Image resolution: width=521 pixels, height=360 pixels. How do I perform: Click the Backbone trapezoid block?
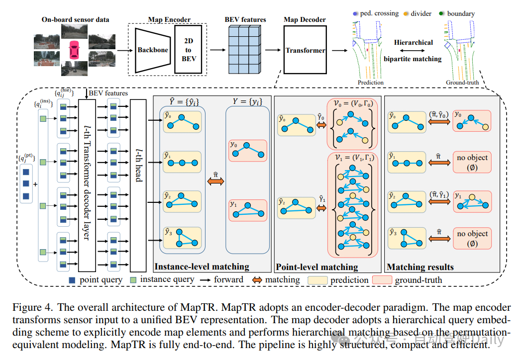click(x=152, y=50)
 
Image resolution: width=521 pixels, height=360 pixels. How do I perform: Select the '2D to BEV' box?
click(x=188, y=50)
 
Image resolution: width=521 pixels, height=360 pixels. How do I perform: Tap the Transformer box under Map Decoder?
click(x=305, y=50)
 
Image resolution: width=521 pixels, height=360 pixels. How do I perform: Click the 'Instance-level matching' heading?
click(x=202, y=267)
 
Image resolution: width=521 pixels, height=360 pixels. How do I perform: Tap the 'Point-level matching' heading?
click(x=317, y=267)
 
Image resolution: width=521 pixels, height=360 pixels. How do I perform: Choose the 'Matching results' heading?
click(x=420, y=267)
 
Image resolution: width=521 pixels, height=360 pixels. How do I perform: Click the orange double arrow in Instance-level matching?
click(x=215, y=182)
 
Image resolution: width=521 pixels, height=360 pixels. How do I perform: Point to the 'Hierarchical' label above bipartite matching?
click(x=413, y=43)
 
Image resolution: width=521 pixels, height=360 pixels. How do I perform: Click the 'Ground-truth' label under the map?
click(x=462, y=83)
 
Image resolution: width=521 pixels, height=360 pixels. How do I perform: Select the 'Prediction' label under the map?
click(x=370, y=83)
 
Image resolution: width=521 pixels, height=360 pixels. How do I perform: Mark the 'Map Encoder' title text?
click(x=169, y=20)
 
